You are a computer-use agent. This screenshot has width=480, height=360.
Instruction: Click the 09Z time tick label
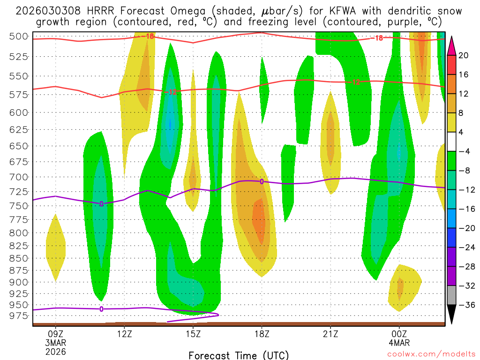[56, 334]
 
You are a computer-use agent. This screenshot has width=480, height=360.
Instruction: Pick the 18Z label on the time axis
[262, 334]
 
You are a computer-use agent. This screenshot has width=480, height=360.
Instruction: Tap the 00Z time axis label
[399, 334]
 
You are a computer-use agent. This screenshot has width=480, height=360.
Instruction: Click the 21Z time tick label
[330, 334]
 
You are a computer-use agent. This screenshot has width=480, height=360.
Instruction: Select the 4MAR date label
[399, 343]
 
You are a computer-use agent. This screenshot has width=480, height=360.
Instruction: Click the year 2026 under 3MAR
[56, 352]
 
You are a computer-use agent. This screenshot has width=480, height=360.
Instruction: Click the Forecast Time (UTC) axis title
[239, 355]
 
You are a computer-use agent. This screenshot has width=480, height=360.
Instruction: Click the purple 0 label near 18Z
[262, 181]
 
